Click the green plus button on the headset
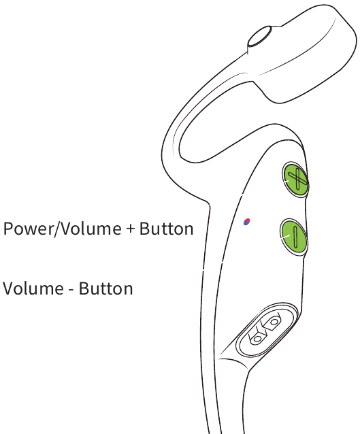[295, 180]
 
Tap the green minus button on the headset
[294, 237]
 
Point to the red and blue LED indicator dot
[247, 222]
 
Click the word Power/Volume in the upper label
[62, 229]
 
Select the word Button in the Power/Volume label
[166, 229]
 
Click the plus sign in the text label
[131, 229]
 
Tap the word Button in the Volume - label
[105, 288]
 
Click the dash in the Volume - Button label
[71, 290]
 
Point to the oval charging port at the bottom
[267, 330]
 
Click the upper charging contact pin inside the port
[273, 322]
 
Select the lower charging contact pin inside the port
[257, 337]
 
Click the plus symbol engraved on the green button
[297, 179]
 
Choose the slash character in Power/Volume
[57, 229]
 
